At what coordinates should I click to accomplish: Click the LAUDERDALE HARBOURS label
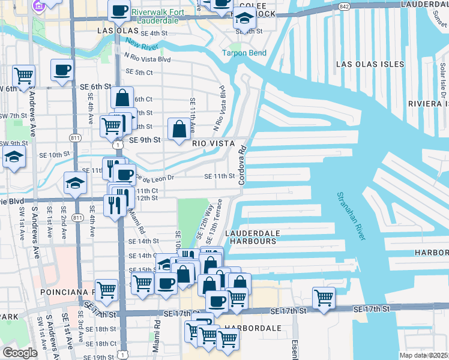point(250,236)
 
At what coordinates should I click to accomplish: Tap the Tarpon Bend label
point(244,53)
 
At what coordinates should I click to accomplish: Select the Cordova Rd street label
point(243,164)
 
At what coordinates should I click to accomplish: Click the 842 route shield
point(343,6)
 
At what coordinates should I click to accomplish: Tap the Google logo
point(20,353)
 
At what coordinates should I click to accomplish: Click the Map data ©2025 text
point(424,355)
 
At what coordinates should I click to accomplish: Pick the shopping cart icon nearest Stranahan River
point(324,297)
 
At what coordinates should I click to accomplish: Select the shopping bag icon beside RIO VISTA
point(179,128)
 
